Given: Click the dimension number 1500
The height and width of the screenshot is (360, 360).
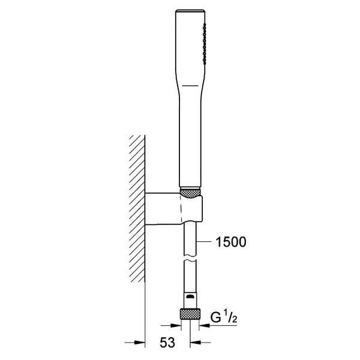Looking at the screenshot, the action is pos(231,242).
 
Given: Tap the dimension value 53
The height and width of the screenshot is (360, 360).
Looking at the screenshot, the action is pos(167,343).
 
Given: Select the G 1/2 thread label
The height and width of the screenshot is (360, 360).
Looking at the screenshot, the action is pos(224,317).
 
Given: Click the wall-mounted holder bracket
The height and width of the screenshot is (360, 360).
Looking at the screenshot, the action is pos(174,208).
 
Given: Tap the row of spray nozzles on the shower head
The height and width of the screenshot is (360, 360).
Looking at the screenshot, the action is pos(205,43).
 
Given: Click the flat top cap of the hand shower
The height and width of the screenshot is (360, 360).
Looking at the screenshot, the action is pos(190,11).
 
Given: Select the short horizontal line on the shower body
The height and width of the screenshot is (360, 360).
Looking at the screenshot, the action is pos(190,86).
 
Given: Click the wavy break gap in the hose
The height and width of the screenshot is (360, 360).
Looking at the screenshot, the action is pos(190,258).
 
